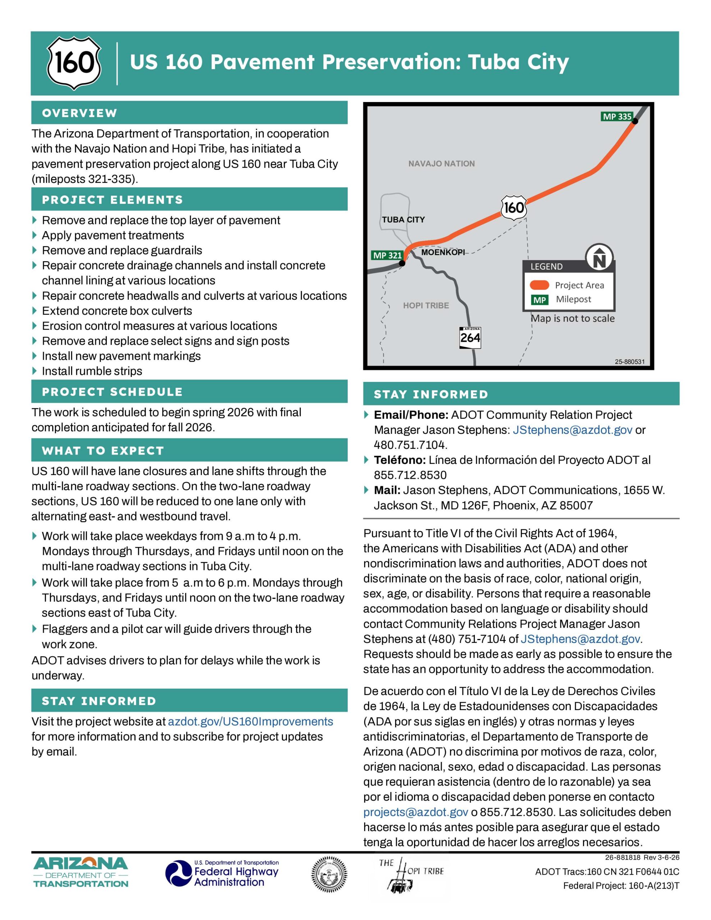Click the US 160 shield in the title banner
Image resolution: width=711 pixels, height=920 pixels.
pyautogui.click(x=74, y=63)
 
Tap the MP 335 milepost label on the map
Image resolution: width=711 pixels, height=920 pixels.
pyautogui.click(x=616, y=117)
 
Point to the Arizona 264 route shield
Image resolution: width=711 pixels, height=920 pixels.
pyautogui.click(x=470, y=337)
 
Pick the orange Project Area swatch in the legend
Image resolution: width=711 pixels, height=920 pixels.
pyautogui.click(x=540, y=285)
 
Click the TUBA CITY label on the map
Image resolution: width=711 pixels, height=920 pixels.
pyautogui.click(x=403, y=220)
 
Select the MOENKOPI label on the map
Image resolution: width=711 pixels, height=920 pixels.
pyautogui.click(x=443, y=252)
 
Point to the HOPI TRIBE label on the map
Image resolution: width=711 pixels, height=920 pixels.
pyautogui.click(x=426, y=305)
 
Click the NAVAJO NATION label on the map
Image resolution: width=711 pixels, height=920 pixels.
pyautogui.click(x=441, y=164)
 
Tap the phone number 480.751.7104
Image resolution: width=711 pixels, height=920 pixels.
pyautogui.click(x=410, y=445)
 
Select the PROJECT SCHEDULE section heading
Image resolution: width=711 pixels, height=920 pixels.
pyautogui.click(x=112, y=392)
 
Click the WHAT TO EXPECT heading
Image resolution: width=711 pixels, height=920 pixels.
pyautogui.click(x=103, y=451)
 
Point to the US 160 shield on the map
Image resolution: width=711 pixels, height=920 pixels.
pyautogui.click(x=514, y=207)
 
